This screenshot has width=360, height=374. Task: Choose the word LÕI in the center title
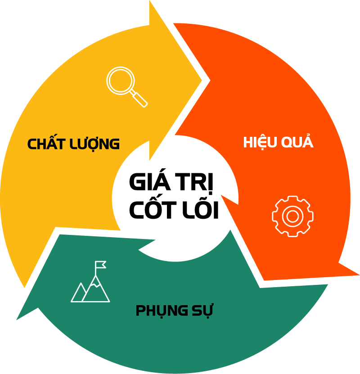coord(199,210)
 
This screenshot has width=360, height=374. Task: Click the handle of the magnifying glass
coord(140,99)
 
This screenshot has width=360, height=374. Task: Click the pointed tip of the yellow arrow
coord(208,81)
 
